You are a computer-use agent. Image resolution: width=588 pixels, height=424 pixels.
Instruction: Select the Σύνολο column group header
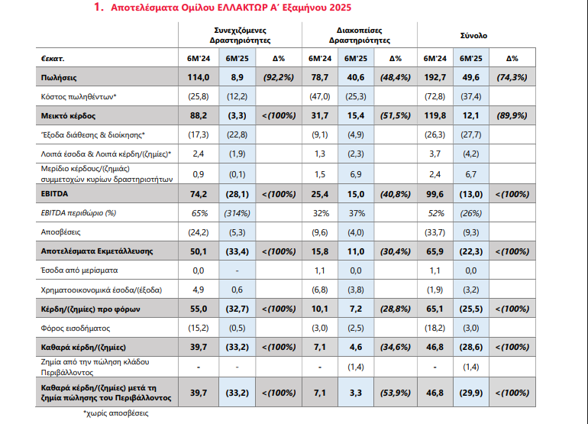pos(473,36)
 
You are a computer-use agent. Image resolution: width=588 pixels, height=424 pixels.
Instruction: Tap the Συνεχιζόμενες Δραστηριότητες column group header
pos(240,35)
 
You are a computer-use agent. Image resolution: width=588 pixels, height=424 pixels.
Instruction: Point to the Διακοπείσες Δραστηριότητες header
pos(359,35)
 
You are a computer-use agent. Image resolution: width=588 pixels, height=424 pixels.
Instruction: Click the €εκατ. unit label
pos(53,59)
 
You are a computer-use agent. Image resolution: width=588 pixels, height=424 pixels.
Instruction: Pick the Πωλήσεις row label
pos(59,78)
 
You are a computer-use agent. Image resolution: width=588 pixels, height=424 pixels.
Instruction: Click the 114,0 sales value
pos(199,78)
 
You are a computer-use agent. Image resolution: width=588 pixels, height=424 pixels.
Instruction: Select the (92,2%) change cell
pos(279,78)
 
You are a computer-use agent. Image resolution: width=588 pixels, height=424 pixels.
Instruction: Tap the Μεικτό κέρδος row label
pos(68,116)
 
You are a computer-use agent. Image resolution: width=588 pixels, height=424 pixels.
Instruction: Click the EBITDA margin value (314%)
pos(237,213)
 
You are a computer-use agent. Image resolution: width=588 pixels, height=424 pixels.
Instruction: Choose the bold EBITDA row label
pos(54,194)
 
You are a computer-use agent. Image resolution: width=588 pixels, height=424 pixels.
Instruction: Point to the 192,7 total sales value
pos(435,78)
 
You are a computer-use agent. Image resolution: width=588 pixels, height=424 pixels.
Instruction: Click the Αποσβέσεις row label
pos(60,232)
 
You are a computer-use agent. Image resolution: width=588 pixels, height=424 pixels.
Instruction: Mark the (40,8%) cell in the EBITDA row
pos(396,194)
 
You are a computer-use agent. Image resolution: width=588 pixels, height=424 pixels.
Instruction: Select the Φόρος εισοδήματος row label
pos(76,329)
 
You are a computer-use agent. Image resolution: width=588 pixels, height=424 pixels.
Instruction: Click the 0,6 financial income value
pos(237,290)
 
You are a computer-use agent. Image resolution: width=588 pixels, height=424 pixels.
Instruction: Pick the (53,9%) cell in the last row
pos(396,393)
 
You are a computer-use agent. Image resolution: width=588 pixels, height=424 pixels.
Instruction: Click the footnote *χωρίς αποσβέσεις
pos(115,413)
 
